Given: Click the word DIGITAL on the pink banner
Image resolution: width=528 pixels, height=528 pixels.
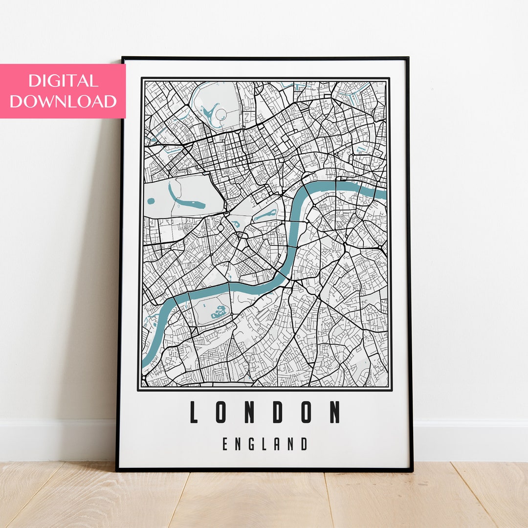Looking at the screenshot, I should (x=63, y=81).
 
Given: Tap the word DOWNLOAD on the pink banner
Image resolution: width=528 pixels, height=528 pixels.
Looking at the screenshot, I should (x=63, y=101).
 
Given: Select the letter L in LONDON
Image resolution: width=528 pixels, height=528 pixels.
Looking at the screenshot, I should (x=194, y=412).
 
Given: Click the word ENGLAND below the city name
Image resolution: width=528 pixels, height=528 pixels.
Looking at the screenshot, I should (x=264, y=444).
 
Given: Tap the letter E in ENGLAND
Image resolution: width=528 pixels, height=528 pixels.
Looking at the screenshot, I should (x=226, y=444).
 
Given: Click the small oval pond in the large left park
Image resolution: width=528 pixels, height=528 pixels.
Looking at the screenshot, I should (x=151, y=201).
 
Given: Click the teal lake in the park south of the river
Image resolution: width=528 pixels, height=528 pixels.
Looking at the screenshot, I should (x=219, y=311).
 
